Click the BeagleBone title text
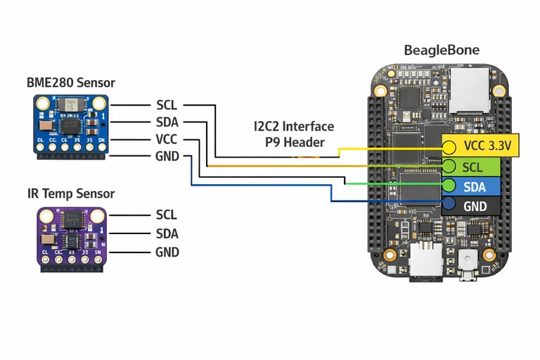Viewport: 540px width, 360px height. (442, 51)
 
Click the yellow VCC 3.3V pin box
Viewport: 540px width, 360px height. (484, 146)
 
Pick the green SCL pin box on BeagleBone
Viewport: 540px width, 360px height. (472, 167)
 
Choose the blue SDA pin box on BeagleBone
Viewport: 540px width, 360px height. (472, 186)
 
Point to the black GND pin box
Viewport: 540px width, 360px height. (472, 206)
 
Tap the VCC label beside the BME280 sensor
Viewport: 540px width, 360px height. (167, 139)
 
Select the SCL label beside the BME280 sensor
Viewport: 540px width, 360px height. (167, 105)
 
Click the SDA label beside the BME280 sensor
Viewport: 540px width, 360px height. (167, 122)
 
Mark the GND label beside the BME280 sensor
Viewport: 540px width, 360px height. (167, 156)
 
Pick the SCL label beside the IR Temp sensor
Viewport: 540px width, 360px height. (167, 215)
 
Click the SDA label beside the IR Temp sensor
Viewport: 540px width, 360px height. (167, 233)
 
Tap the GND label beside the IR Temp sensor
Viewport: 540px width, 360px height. (167, 252)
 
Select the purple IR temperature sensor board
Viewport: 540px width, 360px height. (71, 236)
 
